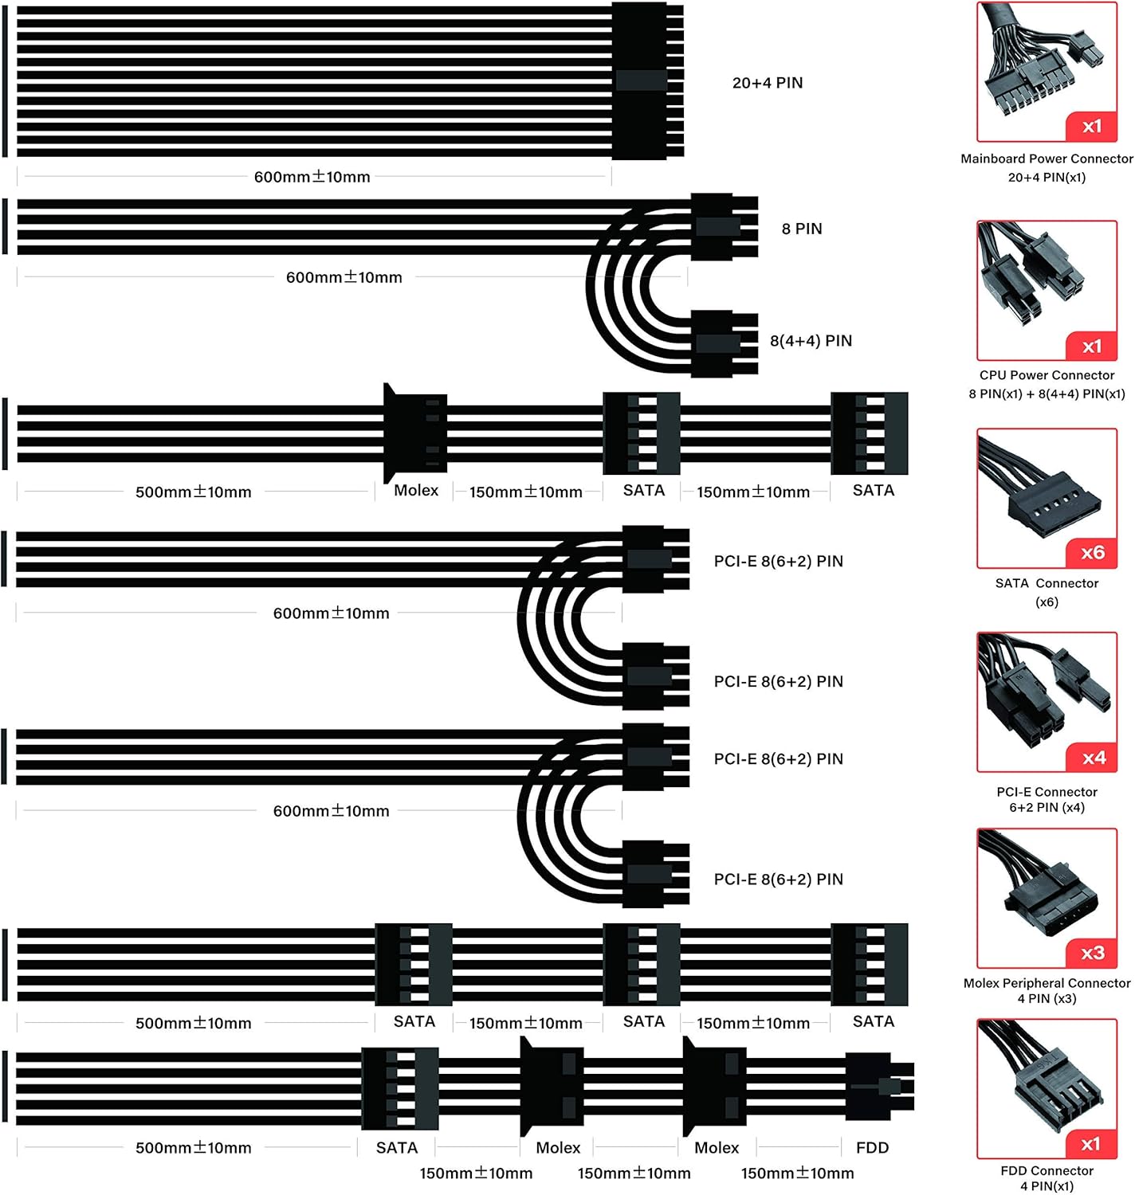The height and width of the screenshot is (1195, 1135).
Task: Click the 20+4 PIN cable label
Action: (767, 83)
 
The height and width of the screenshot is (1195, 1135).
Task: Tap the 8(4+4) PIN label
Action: (811, 341)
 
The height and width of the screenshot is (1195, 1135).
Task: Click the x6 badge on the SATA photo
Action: (1092, 552)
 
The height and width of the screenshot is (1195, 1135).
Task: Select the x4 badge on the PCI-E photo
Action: (1094, 758)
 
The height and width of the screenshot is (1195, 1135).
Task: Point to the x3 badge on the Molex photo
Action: (1092, 953)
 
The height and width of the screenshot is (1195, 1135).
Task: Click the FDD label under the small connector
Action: (872, 1147)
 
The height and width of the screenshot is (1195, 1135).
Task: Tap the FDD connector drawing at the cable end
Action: (877, 1087)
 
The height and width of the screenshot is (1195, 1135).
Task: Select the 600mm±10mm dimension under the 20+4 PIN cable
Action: (312, 177)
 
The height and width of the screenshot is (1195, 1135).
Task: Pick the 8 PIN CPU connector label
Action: (801, 229)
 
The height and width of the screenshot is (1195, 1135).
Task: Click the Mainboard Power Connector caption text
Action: (1047, 159)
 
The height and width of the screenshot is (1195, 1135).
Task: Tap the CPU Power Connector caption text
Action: (1047, 375)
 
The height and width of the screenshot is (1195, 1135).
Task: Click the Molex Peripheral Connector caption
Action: (1047, 983)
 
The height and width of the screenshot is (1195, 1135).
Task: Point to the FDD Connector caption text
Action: (1047, 1170)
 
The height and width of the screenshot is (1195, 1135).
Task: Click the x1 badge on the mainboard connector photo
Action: (1092, 126)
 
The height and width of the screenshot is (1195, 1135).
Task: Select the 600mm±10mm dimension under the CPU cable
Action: (344, 277)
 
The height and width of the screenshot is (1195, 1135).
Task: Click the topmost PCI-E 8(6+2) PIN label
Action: (778, 561)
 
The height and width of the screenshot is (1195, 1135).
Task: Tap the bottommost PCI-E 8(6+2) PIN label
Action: (778, 879)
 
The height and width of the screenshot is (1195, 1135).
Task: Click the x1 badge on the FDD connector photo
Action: (1090, 1144)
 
